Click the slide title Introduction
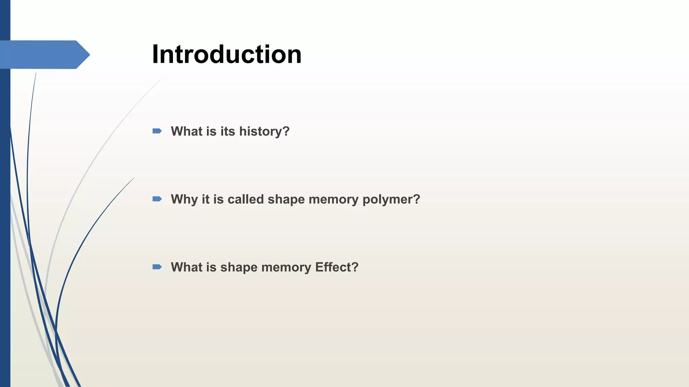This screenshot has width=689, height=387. click(x=227, y=54)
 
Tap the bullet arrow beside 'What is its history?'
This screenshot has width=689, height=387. click(x=157, y=131)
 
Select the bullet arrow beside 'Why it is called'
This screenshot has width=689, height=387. click(x=157, y=199)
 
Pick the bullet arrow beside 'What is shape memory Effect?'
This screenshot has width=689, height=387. click(x=157, y=267)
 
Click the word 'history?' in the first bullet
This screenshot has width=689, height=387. click(x=264, y=131)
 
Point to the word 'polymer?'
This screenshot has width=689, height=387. click(x=391, y=200)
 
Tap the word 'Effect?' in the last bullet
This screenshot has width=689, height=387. click(x=337, y=267)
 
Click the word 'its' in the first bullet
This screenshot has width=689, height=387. click(x=228, y=131)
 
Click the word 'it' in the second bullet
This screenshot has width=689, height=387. click(x=206, y=199)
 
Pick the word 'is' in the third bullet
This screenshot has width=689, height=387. click(x=211, y=267)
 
